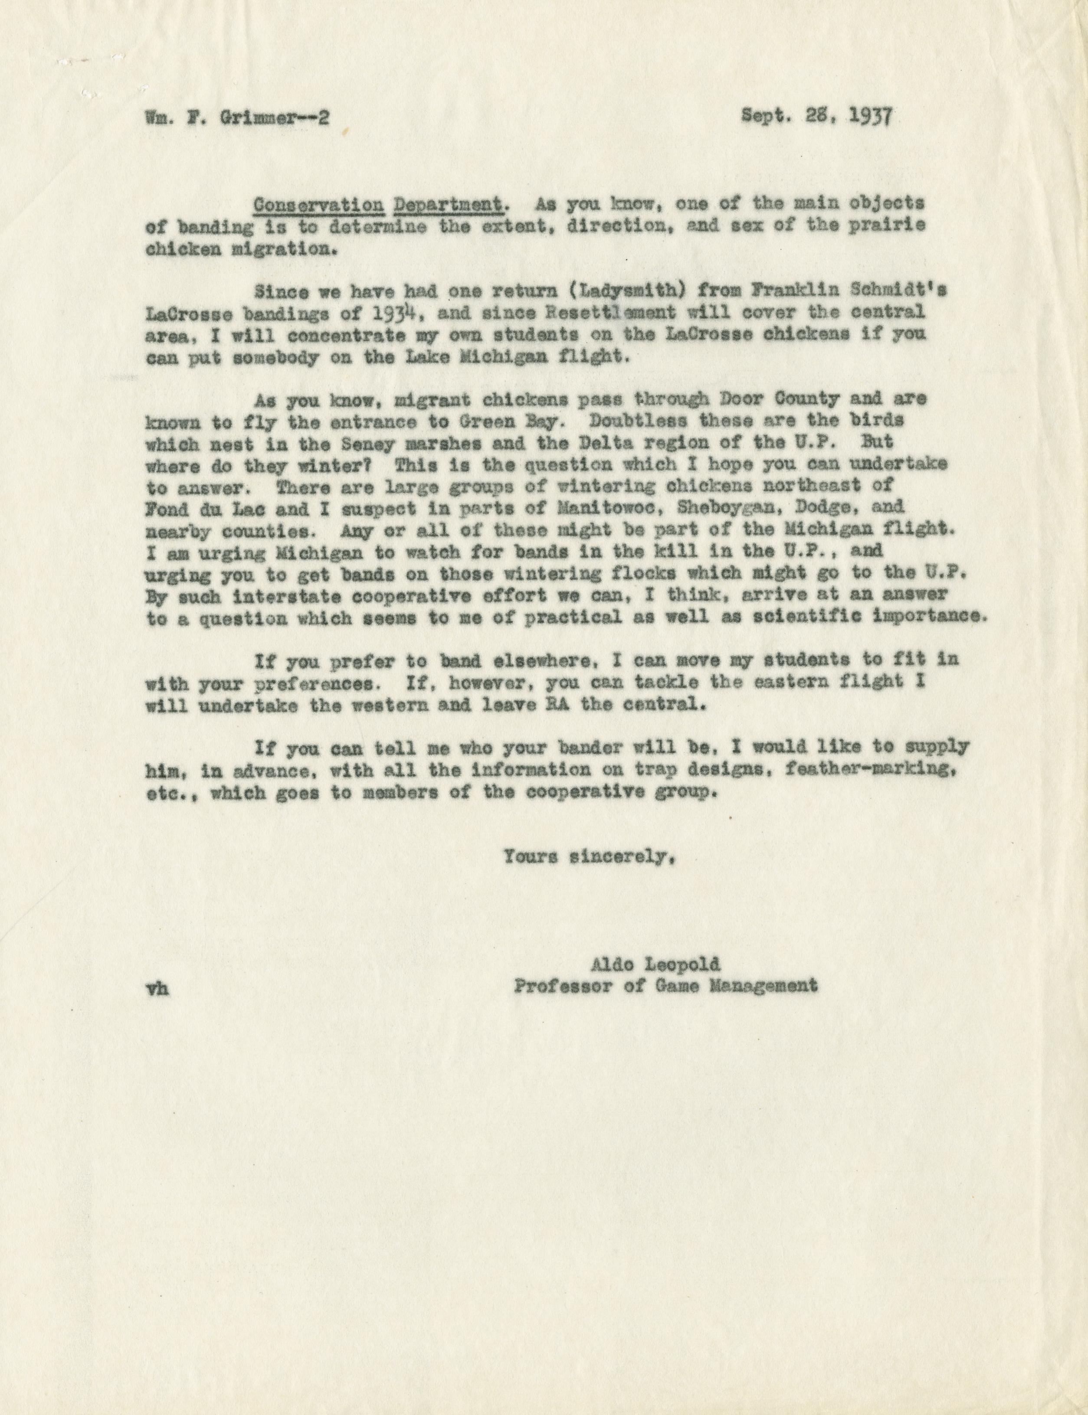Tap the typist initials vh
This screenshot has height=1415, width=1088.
pos(158,988)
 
